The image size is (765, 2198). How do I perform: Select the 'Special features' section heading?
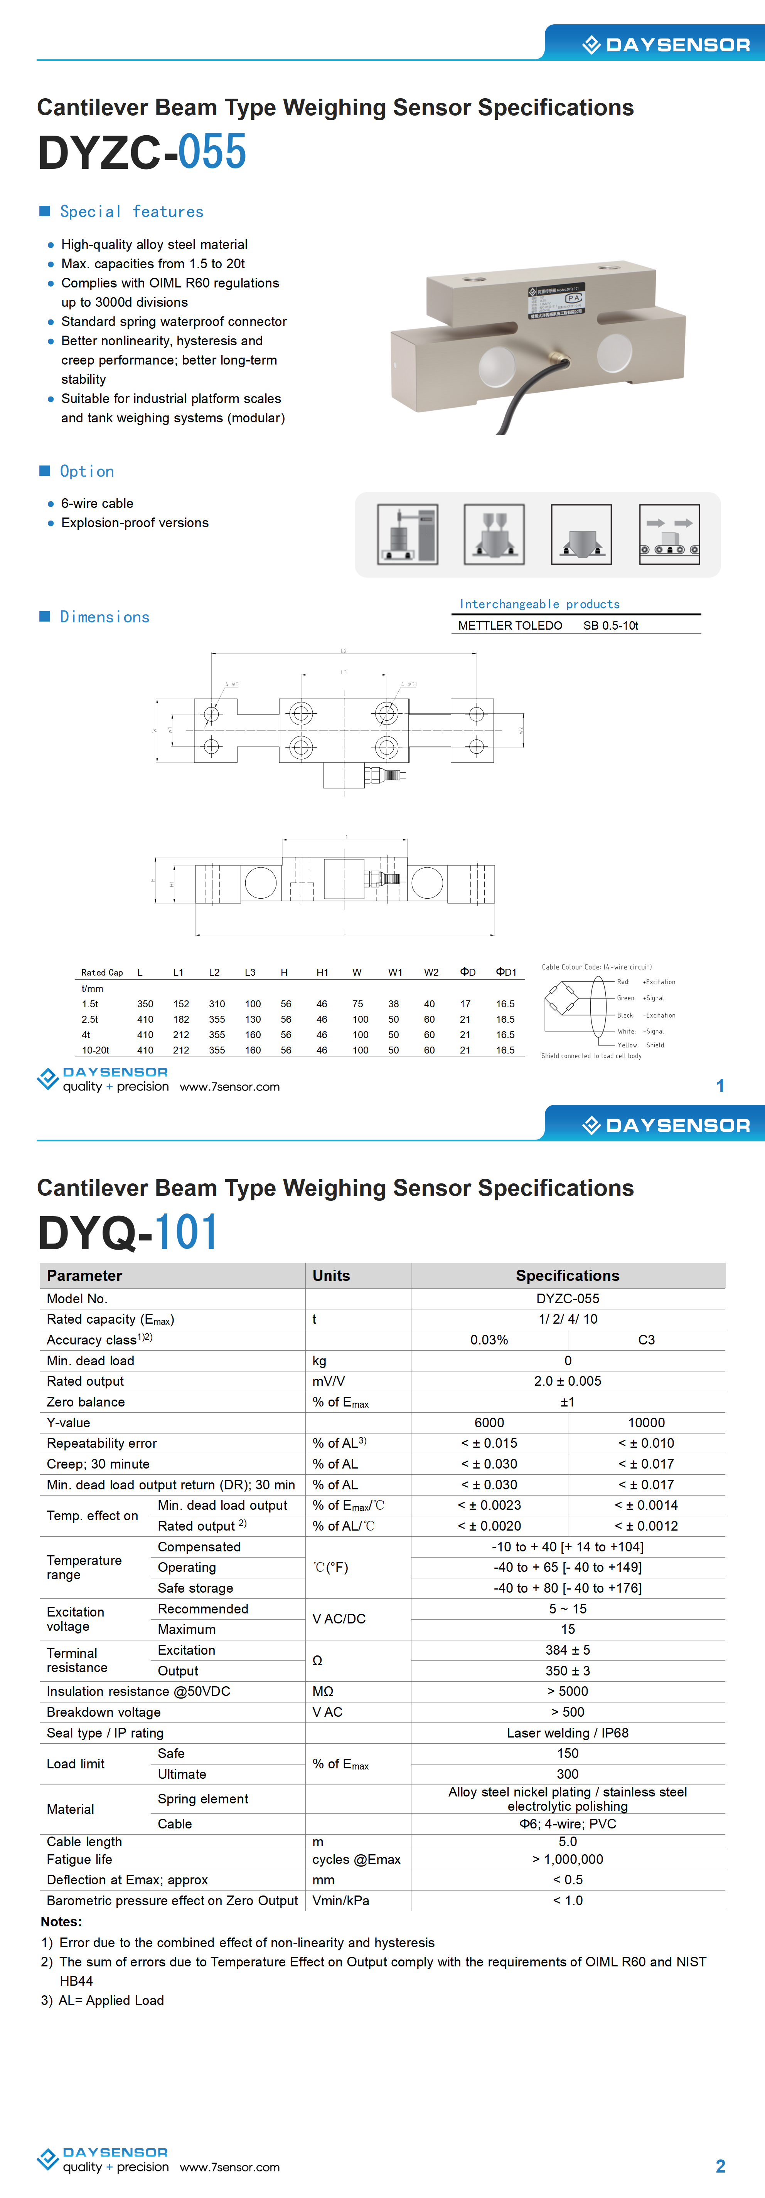pos(131,212)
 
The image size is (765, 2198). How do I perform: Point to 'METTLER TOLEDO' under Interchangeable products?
pos(510,625)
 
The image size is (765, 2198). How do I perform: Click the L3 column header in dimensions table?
pos(250,972)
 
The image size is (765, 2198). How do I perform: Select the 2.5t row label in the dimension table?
pos(89,1020)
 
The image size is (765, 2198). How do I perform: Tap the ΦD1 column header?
pos(506,972)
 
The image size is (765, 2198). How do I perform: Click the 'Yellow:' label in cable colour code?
pos(628,1045)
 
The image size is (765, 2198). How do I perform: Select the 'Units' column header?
pos(331,1275)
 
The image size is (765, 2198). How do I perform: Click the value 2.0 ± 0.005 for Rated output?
pos(568,1381)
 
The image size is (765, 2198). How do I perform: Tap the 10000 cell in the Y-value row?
pos(646,1422)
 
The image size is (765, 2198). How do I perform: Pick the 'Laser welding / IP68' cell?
pos(568,1733)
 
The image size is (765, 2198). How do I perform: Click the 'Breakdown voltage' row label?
pos(103,1712)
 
